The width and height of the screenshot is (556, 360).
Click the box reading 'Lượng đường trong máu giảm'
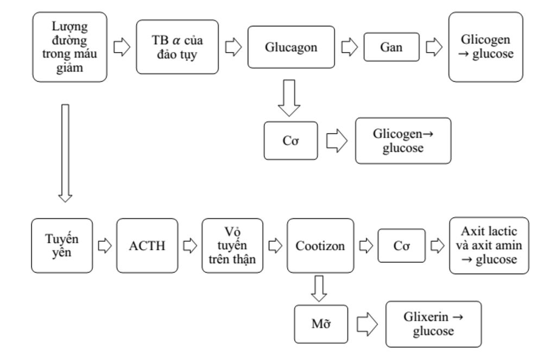click(70, 47)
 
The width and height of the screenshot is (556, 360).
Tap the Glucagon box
click(291, 47)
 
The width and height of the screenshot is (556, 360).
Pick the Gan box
click(391, 47)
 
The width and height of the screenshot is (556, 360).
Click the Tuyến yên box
click(62, 245)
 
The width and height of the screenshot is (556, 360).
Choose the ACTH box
click(147, 245)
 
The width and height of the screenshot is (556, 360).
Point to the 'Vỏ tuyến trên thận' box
click(232, 245)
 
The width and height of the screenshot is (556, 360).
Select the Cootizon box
click(320, 245)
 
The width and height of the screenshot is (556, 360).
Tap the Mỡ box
click(321, 324)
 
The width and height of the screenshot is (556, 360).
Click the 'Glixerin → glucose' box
click(433, 324)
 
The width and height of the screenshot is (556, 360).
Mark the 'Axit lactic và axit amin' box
click(489, 245)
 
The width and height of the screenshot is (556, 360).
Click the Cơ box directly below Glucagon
click(290, 141)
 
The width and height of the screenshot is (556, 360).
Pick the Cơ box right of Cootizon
click(401, 245)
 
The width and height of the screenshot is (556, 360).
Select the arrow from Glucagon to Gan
click(349, 47)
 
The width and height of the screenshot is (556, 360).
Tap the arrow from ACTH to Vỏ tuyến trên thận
click(189, 245)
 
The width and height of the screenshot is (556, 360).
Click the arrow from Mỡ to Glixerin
click(367, 324)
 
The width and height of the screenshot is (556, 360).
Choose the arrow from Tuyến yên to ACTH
click(104, 245)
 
